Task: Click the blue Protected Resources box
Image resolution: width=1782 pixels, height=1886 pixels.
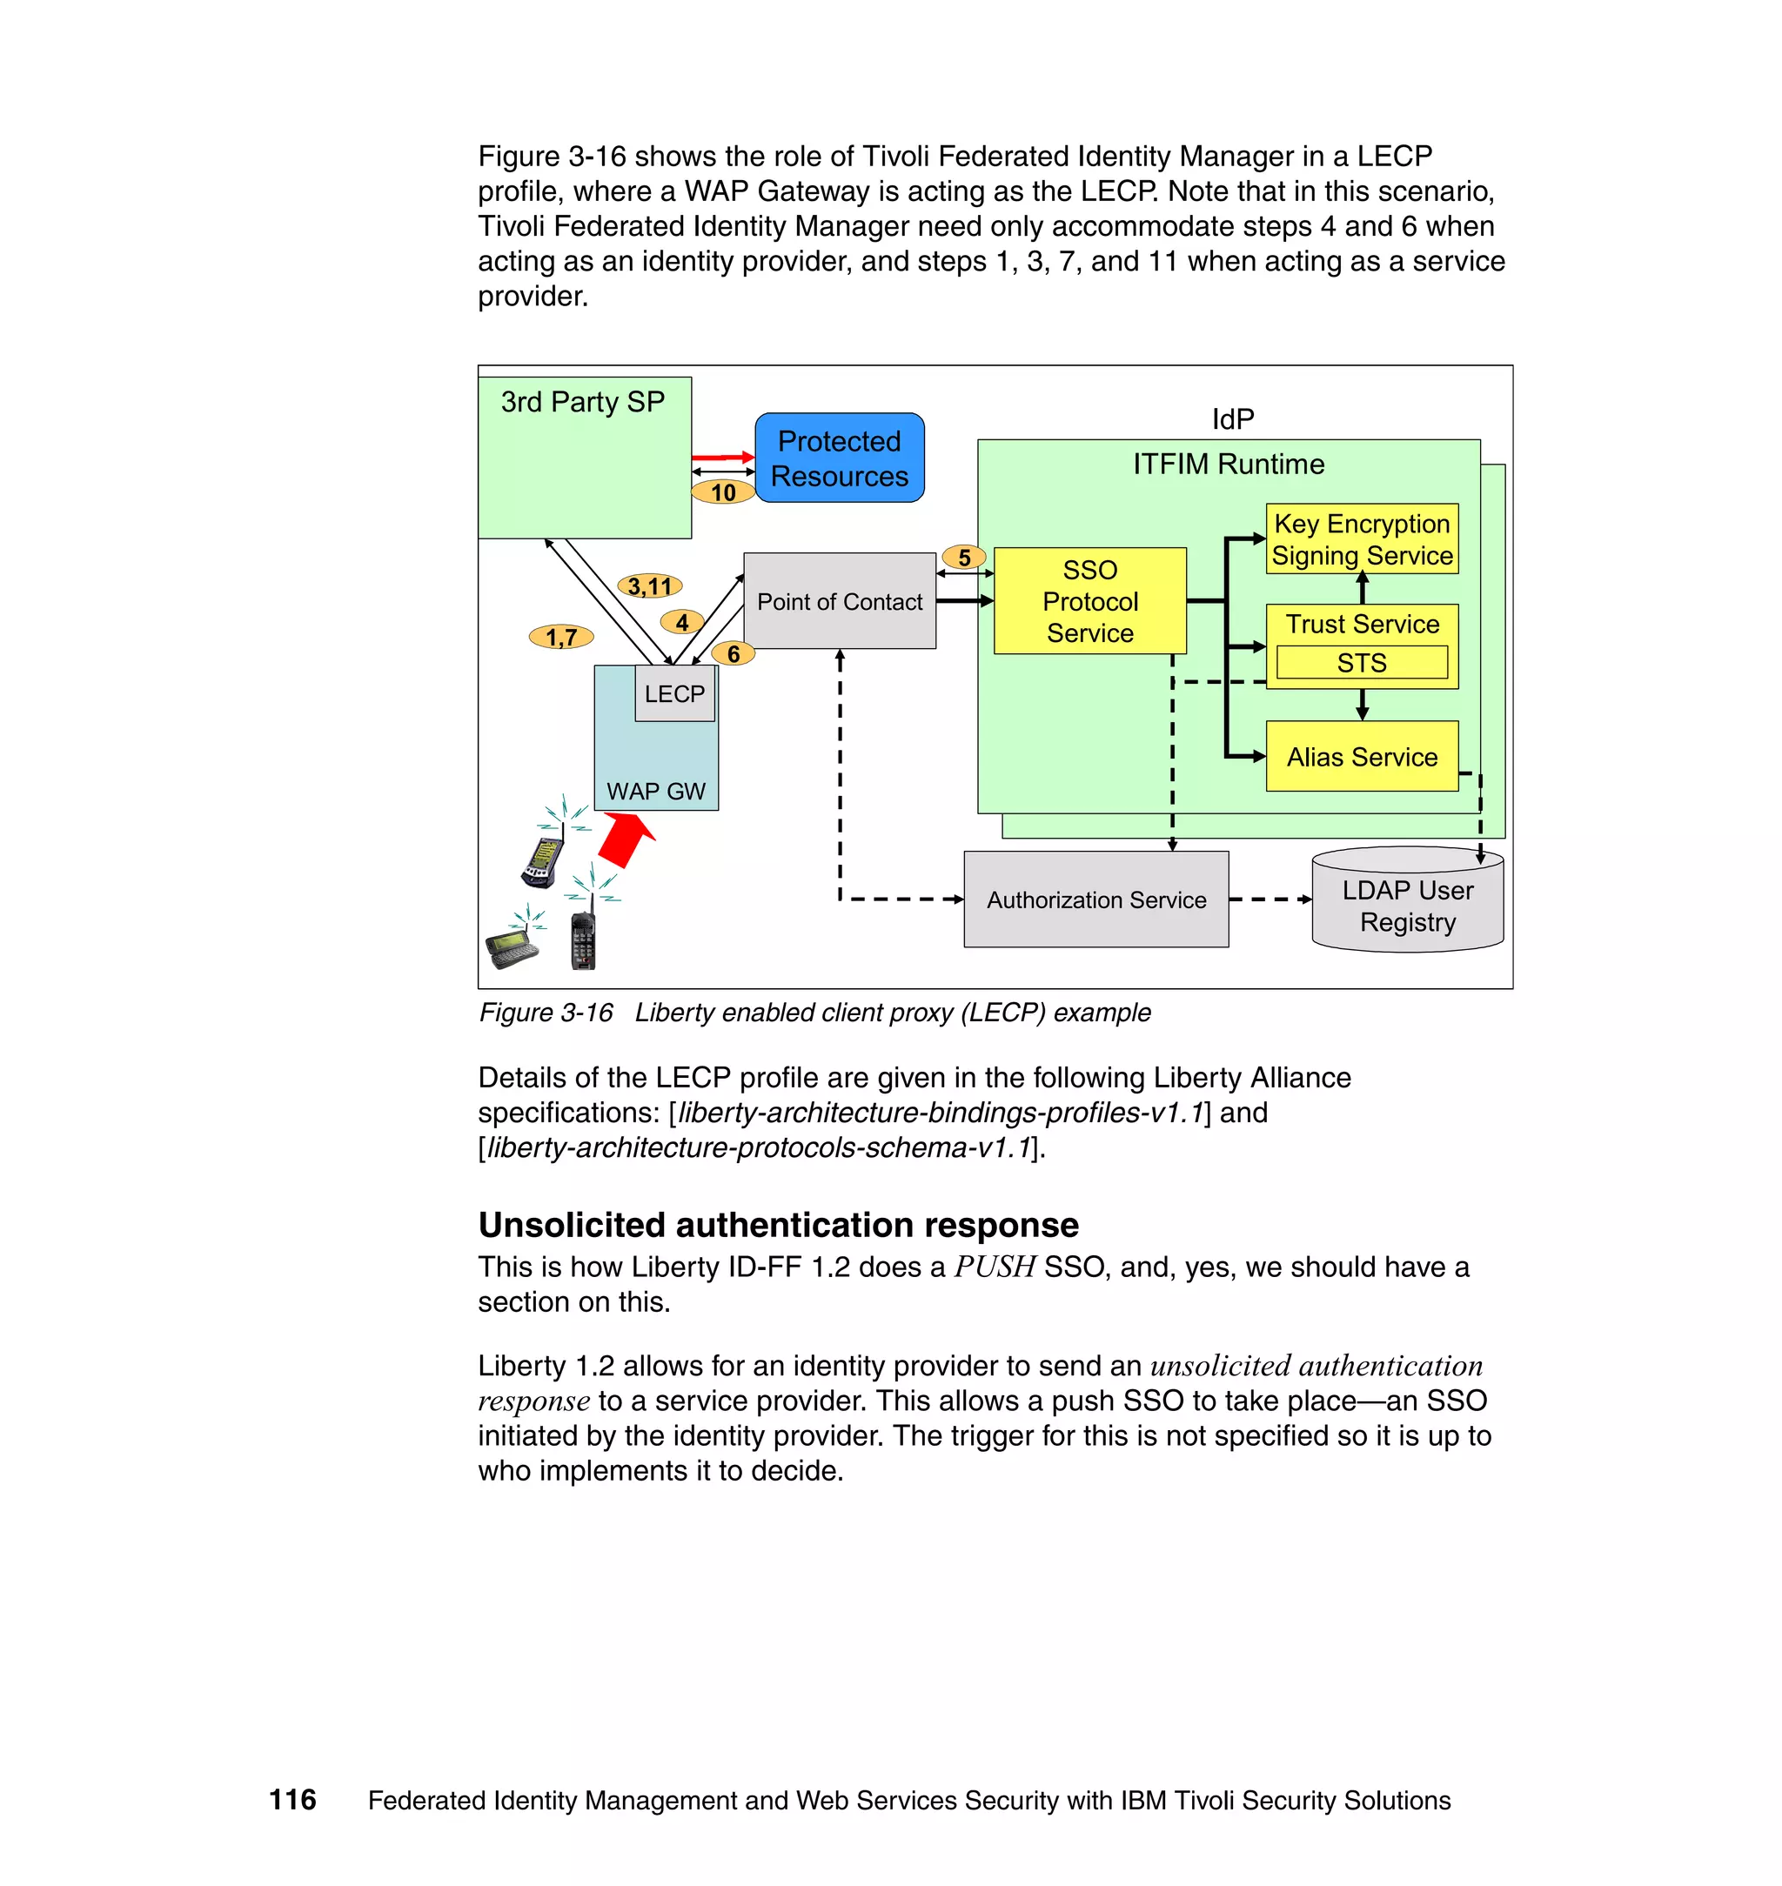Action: [839, 458]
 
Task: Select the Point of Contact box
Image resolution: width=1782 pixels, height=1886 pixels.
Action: [839, 601]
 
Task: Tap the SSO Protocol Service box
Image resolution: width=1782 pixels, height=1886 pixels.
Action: [1089, 601]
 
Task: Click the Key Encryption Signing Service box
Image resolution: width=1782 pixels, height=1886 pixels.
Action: [1361, 538]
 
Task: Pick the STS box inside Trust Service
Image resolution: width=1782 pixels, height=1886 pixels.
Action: [1361, 663]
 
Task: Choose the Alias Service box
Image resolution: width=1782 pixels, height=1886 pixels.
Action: [1361, 757]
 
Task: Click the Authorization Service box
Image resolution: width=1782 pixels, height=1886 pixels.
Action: [1095, 900]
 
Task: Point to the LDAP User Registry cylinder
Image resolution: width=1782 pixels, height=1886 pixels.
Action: [1407, 904]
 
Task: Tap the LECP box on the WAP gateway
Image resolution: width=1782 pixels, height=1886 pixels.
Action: [674, 694]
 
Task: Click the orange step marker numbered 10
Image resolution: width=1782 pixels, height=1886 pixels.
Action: [723, 492]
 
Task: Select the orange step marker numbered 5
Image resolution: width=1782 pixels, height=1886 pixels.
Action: [964, 558]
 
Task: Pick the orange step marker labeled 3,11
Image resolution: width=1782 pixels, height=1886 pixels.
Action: [650, 586]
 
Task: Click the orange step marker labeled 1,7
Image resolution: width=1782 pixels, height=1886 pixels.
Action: [561, 636]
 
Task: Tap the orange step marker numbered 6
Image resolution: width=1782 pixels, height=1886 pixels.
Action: [733, 653]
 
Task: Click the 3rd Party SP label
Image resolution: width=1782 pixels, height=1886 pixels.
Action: [582, 402]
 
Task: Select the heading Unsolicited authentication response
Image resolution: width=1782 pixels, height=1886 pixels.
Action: [778, 1225]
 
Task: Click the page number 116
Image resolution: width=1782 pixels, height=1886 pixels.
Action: [292, 1800]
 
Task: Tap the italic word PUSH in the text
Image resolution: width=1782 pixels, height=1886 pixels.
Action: [995, 1267]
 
